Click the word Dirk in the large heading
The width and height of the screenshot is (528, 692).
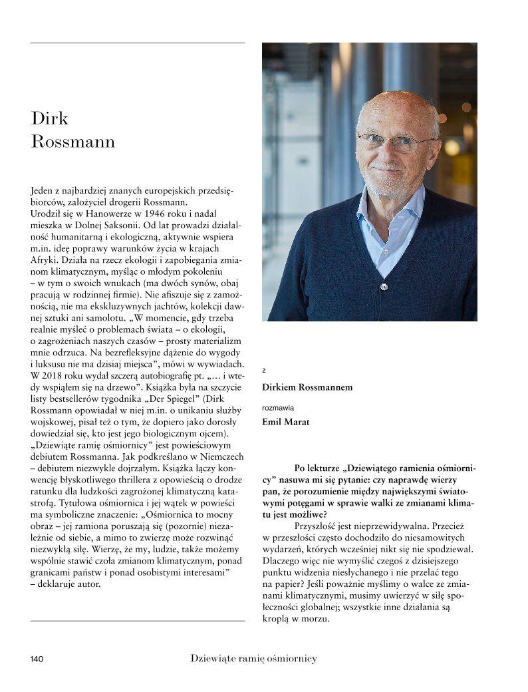point(50,118)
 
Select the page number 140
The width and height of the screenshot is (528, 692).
point(37,659)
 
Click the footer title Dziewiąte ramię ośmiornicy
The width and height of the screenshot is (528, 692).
point(253,659)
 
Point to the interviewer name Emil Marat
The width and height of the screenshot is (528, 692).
point(286,421)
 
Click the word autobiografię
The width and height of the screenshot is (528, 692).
point(161,374)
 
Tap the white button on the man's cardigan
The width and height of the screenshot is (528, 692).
point(383,286)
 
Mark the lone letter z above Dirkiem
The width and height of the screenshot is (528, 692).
point(264,370)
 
